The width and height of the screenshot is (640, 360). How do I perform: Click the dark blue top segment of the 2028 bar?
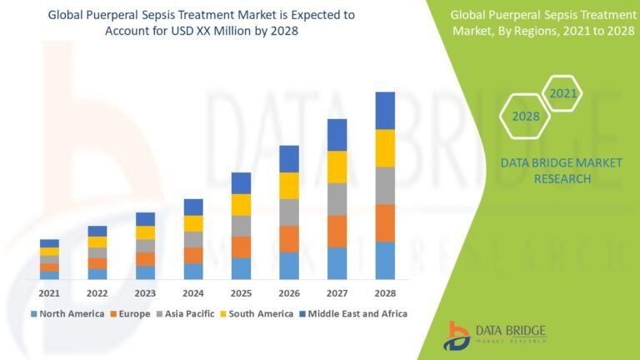pos(385,110)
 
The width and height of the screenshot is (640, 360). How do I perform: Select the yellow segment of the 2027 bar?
pos(337,167)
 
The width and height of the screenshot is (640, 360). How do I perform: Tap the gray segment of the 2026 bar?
pos(289,212)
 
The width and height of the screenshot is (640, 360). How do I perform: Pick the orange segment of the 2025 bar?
pos(241,247)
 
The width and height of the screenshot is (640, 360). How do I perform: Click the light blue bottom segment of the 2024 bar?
pos(193,271)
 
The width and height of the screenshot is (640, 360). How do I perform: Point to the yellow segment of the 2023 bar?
pos(146,232)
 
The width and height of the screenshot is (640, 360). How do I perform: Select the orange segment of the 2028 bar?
pos(385,222)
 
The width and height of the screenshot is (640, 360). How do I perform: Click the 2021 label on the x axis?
pos(49,292)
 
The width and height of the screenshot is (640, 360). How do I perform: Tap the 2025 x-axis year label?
pos(241,292)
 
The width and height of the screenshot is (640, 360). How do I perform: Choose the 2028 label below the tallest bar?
pos(385,292)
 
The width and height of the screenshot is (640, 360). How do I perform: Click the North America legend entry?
pos(67,314)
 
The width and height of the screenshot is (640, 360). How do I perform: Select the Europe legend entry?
pos(129,314)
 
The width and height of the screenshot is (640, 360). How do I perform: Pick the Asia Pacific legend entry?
pos(184,314)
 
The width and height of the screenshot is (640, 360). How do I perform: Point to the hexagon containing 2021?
pos(563,93)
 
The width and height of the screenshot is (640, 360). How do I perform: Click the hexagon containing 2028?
pos(525,116)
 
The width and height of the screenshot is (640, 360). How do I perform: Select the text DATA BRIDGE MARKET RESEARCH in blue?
pos(562,171)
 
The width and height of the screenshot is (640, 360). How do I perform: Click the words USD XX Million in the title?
pos(211,30)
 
